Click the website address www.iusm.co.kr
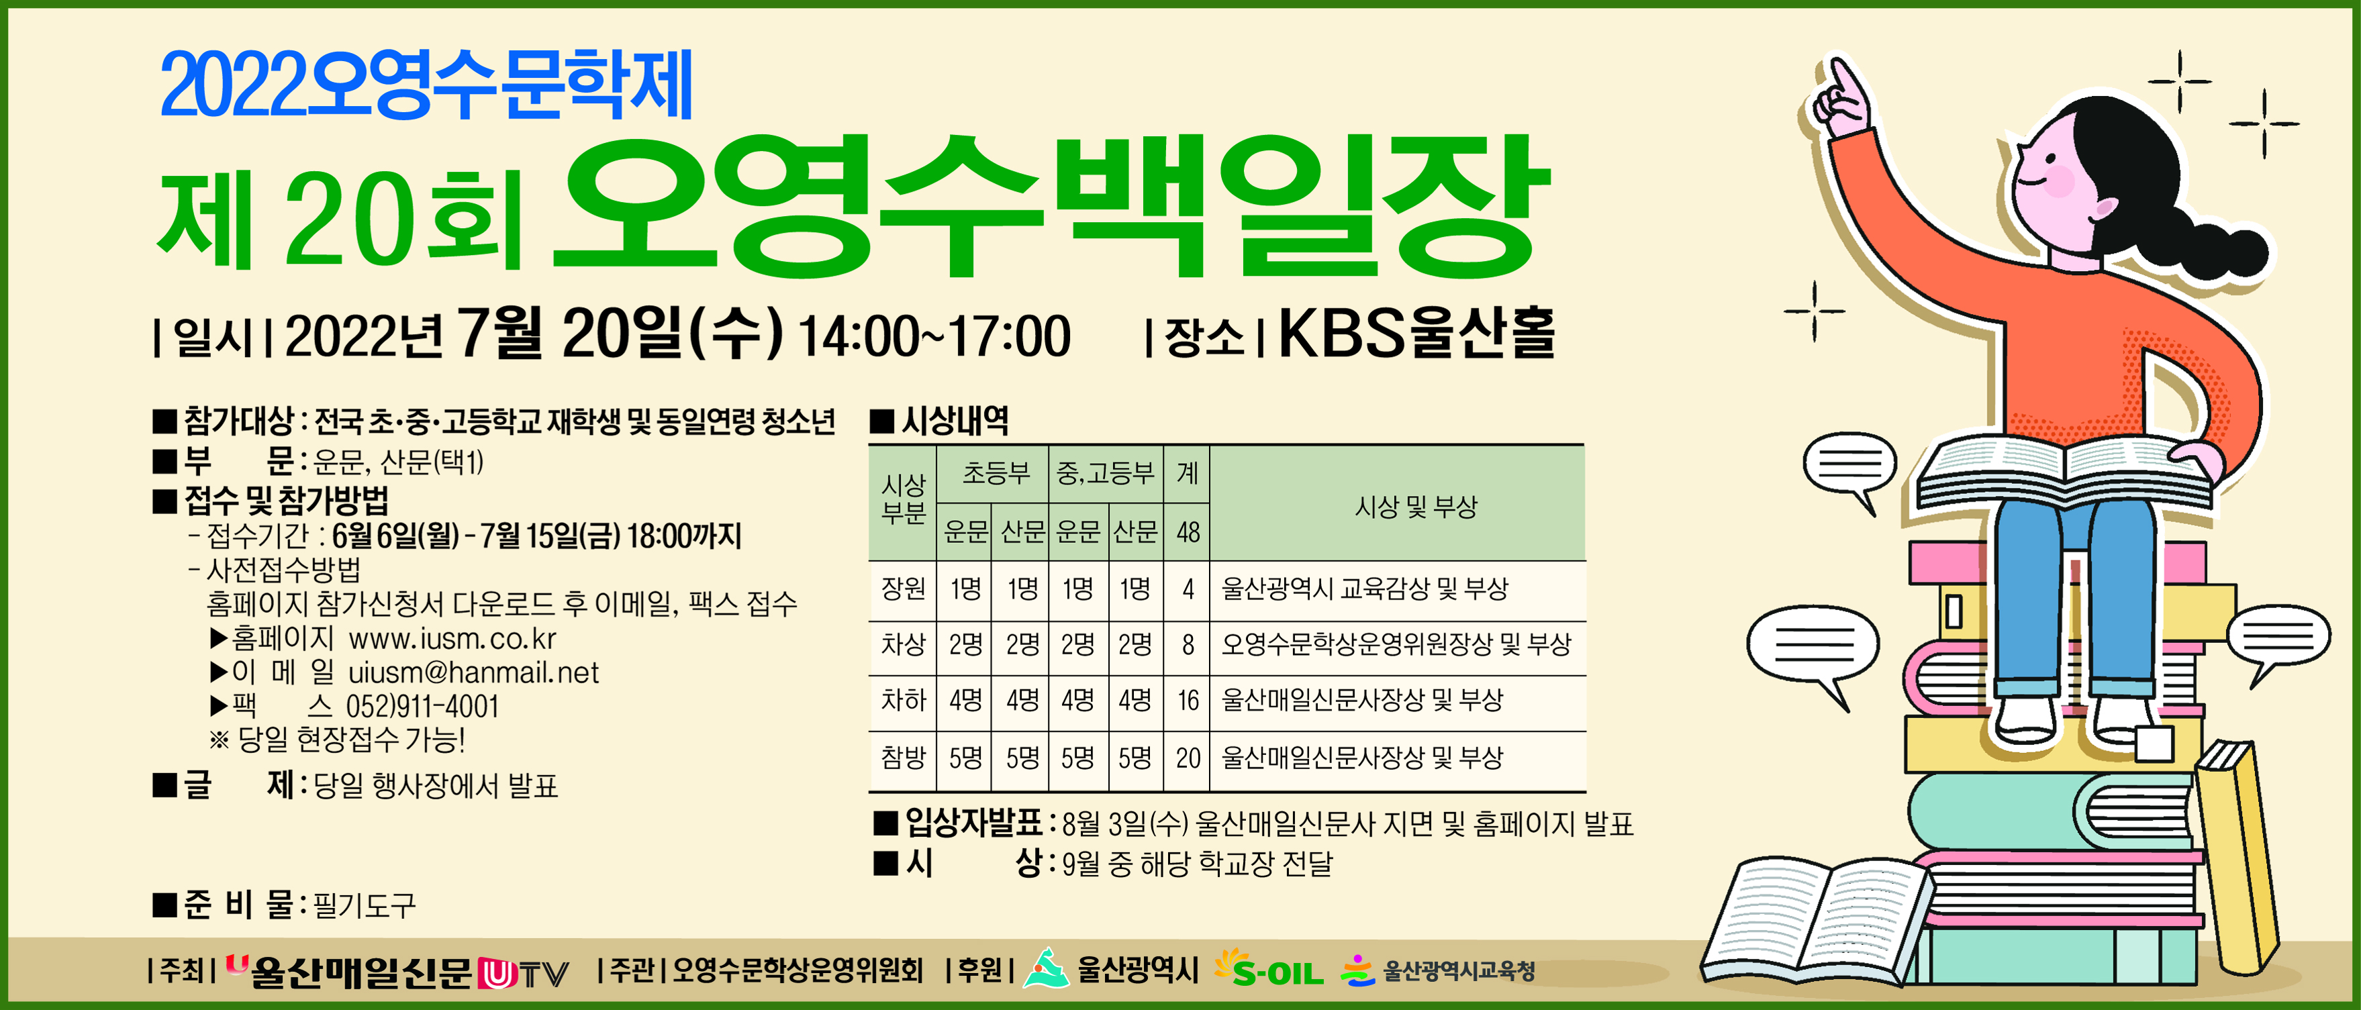[x=452, y=638]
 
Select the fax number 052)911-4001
[x=422, y=707]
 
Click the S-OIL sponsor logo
[x=1269, y=969]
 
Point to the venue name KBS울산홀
[x=1416, y=334]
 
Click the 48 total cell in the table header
[x=1188, y=532]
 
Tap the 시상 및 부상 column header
[x=1416, y=506]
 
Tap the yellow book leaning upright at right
[x=2236, y=857]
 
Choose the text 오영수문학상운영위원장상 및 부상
[x=1396, y=644]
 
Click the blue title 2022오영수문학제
[x=426, y=85]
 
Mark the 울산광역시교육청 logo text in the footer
[x=1458, y=970]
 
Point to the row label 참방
[x=904, y=757]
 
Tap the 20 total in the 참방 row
[x=1188, y=758]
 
